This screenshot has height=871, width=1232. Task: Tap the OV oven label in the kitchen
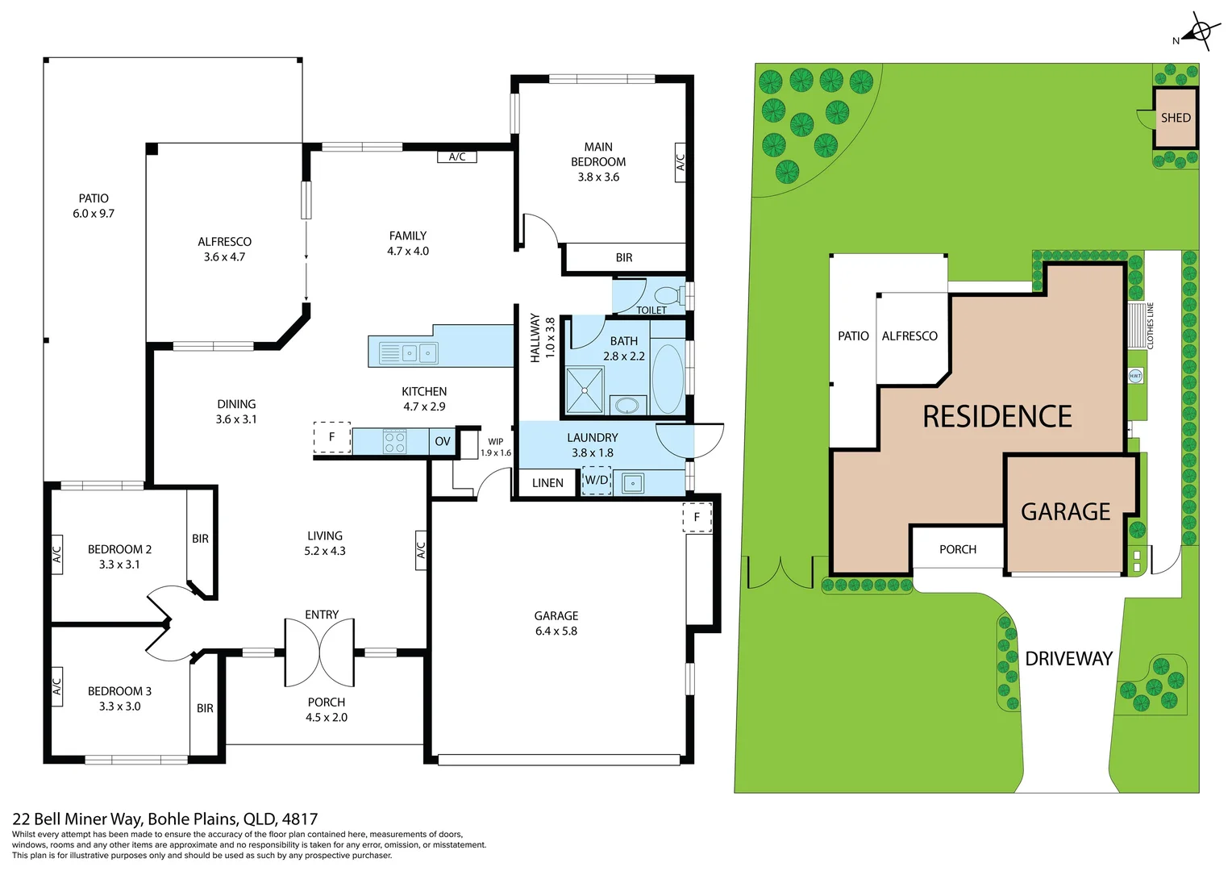click(x=443, y=441)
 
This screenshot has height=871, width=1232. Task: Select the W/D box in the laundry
click(x=597, y=481)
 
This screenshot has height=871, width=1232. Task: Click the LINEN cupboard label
click(x=547, y=483)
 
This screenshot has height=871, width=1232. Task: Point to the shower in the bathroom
click(x=585, y=390)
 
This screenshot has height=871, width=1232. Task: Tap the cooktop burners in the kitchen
click(x=394, y=442)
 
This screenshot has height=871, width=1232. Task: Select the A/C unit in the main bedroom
click(x=681, y=162)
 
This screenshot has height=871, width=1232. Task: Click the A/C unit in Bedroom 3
click(x=56, y=686)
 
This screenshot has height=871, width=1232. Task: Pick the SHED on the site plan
click(x=1176, y=118)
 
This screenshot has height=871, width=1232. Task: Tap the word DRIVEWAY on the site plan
click(x=1068, y=659)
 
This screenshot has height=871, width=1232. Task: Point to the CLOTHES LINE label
click(x=1151, y=326)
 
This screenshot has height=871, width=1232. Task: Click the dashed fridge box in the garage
click(x=697, y=517)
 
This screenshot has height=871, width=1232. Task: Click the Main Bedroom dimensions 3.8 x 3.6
click(x=598, y=177)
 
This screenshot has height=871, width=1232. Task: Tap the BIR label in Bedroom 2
click(x=200, y=539)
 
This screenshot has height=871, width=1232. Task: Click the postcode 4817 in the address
click(x=300, y=819)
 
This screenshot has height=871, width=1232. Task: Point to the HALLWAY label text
click(x=535, y=338)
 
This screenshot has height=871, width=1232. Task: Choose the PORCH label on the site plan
click(x=958, y=549)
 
